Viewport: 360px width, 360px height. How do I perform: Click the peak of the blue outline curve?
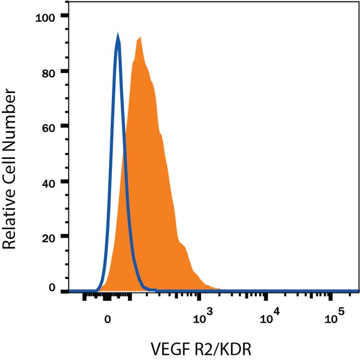pos(117,35)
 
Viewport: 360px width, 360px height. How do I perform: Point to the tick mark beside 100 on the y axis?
pos(65,17)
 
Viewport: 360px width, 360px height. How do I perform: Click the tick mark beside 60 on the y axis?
pos(65,126)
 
